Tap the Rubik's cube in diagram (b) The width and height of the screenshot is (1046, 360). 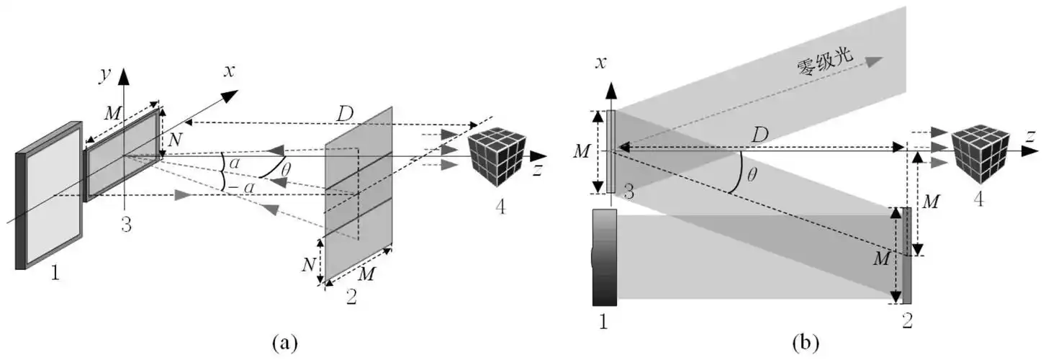(980, 151)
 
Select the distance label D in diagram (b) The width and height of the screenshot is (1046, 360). (759, 134)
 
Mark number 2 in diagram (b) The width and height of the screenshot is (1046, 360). (907, 320)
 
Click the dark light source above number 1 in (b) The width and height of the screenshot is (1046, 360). (605, 257)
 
